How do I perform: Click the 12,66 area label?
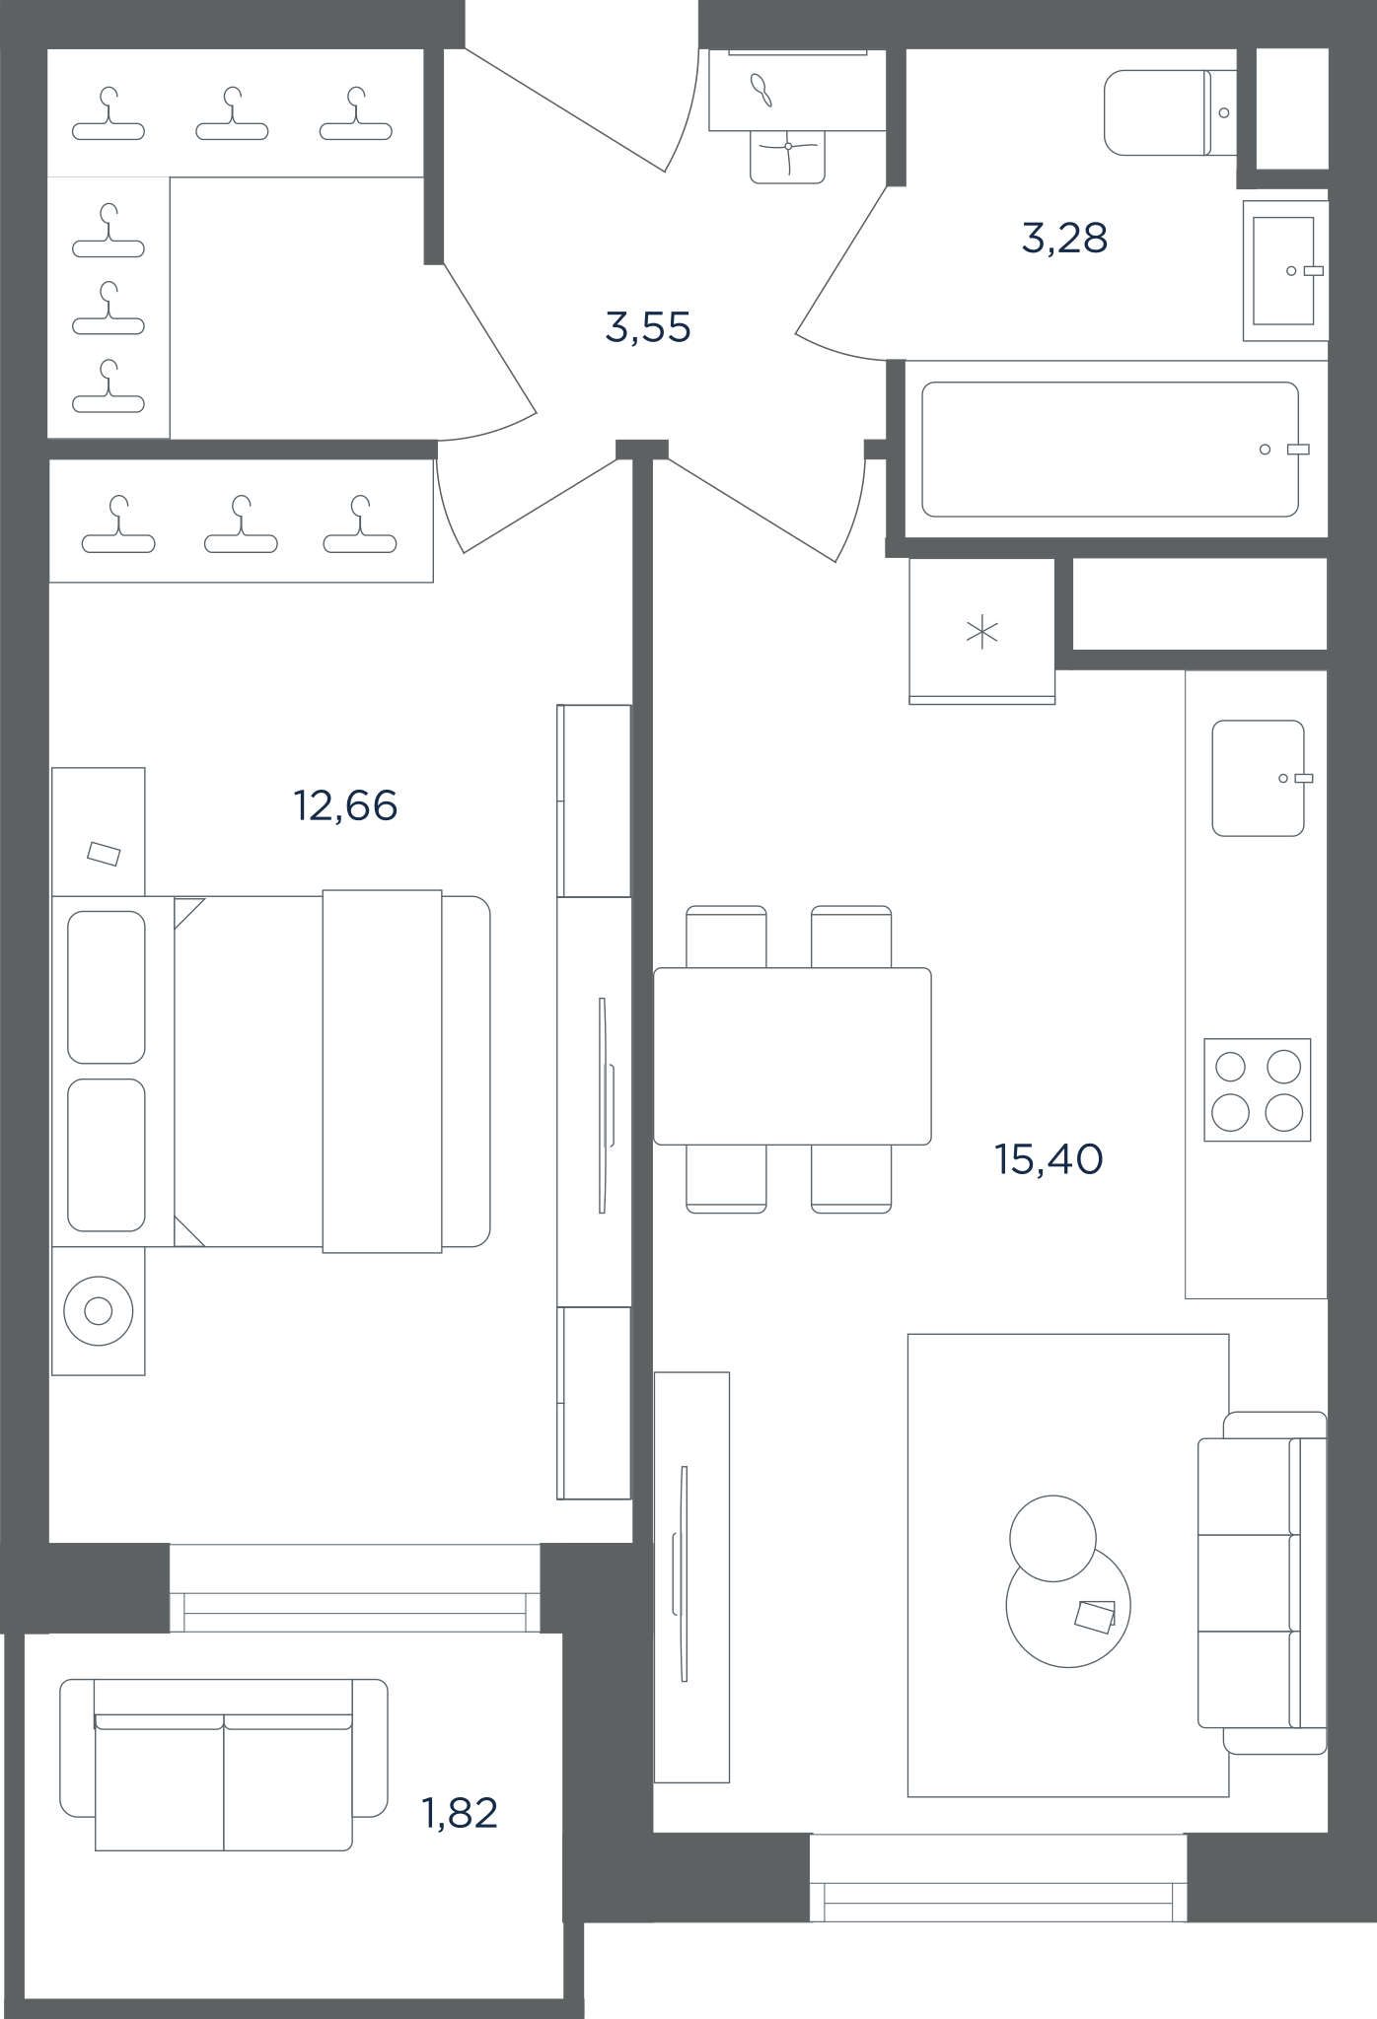(x=345, y=806)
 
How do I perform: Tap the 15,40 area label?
(x=1049, y=1159)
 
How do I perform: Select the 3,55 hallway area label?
(x=648, y=327)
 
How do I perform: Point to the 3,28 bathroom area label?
(x=1064, y=239)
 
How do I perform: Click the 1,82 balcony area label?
(x=460, y=1813)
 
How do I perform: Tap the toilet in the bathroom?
(x=1170, y=112)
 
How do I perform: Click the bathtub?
(x=1111, y=450)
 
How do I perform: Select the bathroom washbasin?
(x=1284, y=271)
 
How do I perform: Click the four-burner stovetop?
(x=1258, y=1089)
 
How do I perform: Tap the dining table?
(x=792, y=1056)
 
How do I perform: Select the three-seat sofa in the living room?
(x=1263, y=1582)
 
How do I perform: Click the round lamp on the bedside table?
(x=98, y=1311)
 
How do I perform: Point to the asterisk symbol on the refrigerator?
(x=982, y=632)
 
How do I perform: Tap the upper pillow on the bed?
(x=107, y=987)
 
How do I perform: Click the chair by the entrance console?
(x=787, y=157)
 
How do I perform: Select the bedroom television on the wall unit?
(x=604, y=1105)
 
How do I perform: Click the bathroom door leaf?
(x=840, y=260)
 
